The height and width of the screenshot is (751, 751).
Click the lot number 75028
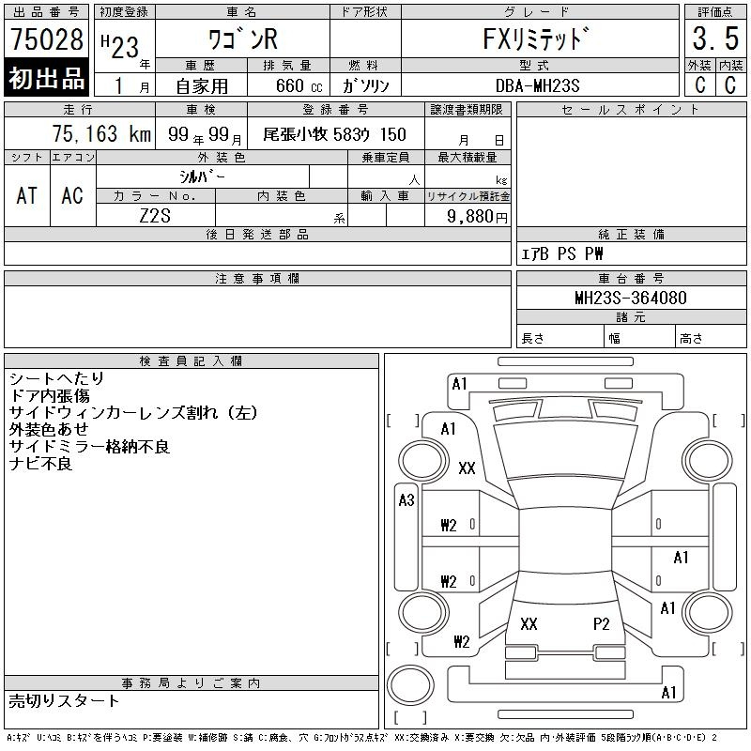coord(47,39)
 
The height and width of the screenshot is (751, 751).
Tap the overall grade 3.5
coord(715,38)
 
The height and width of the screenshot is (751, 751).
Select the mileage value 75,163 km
coord(101,133)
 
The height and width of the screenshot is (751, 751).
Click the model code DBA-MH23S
coord(537,85)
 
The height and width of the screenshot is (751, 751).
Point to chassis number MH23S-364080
coord(631,298)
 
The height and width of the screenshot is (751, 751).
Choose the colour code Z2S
coord(155,216)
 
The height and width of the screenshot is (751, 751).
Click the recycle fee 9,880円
coord(477,217)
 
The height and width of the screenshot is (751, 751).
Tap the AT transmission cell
coord(27,195)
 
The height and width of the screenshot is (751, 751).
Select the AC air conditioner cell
coord(72,195)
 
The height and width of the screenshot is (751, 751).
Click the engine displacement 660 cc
coord(299,85)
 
